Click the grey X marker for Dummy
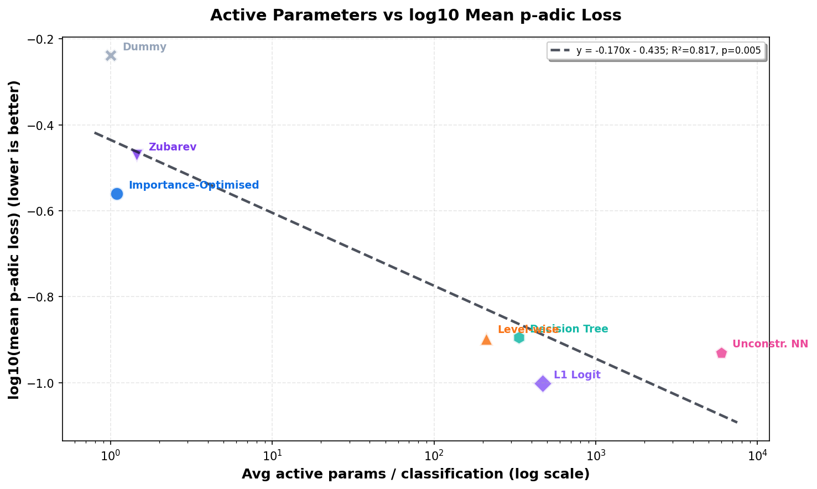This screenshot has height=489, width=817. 111,55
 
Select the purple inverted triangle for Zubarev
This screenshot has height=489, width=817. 137,154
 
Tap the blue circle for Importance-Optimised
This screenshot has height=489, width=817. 117,194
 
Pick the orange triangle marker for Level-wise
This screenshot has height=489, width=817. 486,340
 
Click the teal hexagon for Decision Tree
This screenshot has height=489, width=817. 519,337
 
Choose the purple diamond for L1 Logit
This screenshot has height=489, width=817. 543,383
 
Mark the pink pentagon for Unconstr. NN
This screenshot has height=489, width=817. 721,353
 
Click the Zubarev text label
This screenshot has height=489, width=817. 173,147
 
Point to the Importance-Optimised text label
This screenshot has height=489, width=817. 194,185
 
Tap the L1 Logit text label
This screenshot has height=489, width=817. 577,375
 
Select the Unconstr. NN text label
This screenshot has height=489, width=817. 770,344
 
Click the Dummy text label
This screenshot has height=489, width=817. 144,47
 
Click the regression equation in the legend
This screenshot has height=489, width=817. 668,50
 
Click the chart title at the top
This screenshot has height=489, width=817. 415,15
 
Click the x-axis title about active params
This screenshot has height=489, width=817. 415,474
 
